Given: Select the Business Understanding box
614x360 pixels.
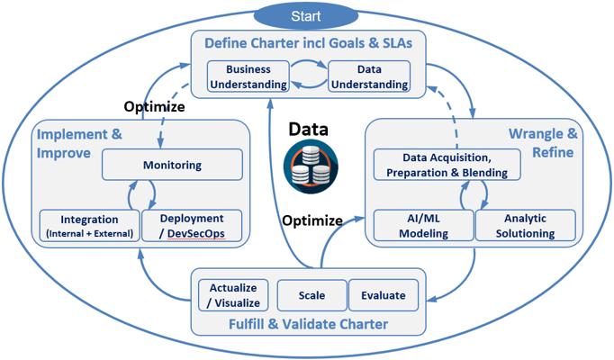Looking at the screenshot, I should click(248, 76).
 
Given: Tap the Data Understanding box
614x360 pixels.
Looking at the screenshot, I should click(368, 76).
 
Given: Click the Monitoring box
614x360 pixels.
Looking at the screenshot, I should click(172, 166).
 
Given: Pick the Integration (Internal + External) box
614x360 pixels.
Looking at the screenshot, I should click(89, 225).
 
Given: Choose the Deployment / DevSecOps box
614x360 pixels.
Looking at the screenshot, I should click(191, 225).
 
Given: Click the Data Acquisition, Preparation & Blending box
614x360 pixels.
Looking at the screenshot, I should click(441, 164).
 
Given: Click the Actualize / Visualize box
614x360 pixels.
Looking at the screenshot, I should click(234, 295).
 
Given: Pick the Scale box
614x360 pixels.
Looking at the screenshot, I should click(312, 295).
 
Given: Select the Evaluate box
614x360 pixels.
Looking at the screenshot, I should click(383, 295).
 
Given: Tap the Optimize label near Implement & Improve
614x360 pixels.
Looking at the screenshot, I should click(154, 106).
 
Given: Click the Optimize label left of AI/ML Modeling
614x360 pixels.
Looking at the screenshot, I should click(312, 220).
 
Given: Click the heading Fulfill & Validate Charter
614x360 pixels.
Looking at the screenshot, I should click(308, 324).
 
